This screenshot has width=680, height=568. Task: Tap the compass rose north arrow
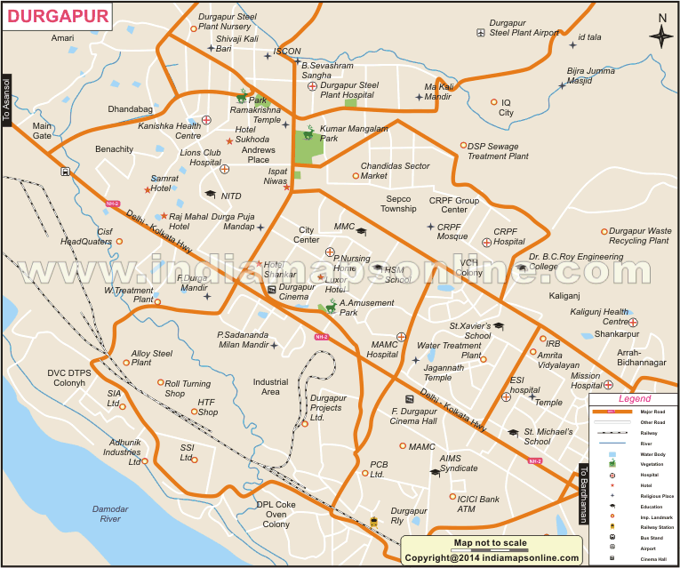pos(661,36)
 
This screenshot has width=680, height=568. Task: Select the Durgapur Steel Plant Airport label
pos(524,28)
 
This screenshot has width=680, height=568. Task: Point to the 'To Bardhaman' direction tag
pos(584,493)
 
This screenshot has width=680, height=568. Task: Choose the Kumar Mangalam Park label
pos(353,133)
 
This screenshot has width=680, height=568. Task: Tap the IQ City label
pos(506,108)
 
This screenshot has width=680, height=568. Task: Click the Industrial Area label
pos(270,387)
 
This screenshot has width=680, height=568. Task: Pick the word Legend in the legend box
pos(634,400)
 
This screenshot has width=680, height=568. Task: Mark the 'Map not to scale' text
pos(490,543)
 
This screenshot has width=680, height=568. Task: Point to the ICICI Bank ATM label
pos(478,504)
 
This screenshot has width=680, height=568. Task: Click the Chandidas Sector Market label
pos(395,171)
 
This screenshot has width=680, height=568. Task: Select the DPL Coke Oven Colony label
pos(276,514)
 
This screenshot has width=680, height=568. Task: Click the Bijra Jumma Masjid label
pos(591,76)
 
